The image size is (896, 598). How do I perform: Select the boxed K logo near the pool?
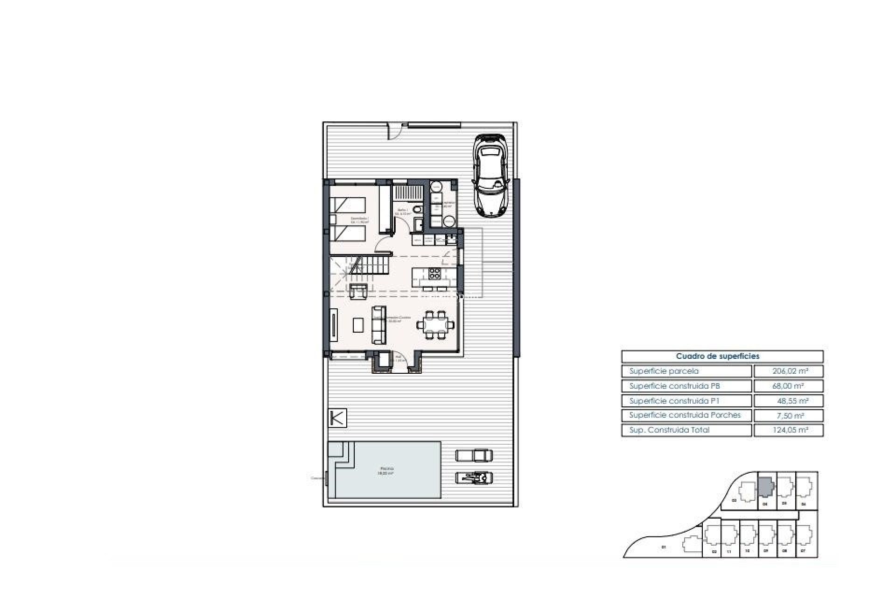pos(337,418)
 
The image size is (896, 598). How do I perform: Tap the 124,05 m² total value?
pos(788,430)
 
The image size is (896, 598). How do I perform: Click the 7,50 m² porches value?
pos(788,415)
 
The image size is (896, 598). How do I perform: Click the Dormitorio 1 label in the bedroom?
pos(360,219)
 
